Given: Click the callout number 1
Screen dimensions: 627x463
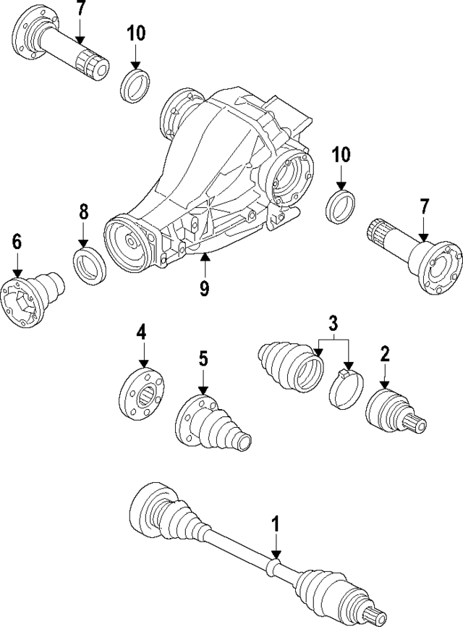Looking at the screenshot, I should pos(275,523).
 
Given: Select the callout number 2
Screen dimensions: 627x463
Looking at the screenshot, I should pos(385,354).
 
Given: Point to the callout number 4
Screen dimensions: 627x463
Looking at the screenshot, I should pos(142,332).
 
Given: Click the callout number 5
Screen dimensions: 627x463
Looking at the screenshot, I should pos(203,358).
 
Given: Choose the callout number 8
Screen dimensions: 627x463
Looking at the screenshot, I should pos(83,212).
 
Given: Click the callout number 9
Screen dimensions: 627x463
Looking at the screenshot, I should pos(205,288).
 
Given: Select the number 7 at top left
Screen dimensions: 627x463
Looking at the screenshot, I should pos(80,9).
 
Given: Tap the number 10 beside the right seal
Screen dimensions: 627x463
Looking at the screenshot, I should pos(341,155).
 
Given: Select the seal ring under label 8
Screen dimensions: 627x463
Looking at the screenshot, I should pos(91,266).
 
